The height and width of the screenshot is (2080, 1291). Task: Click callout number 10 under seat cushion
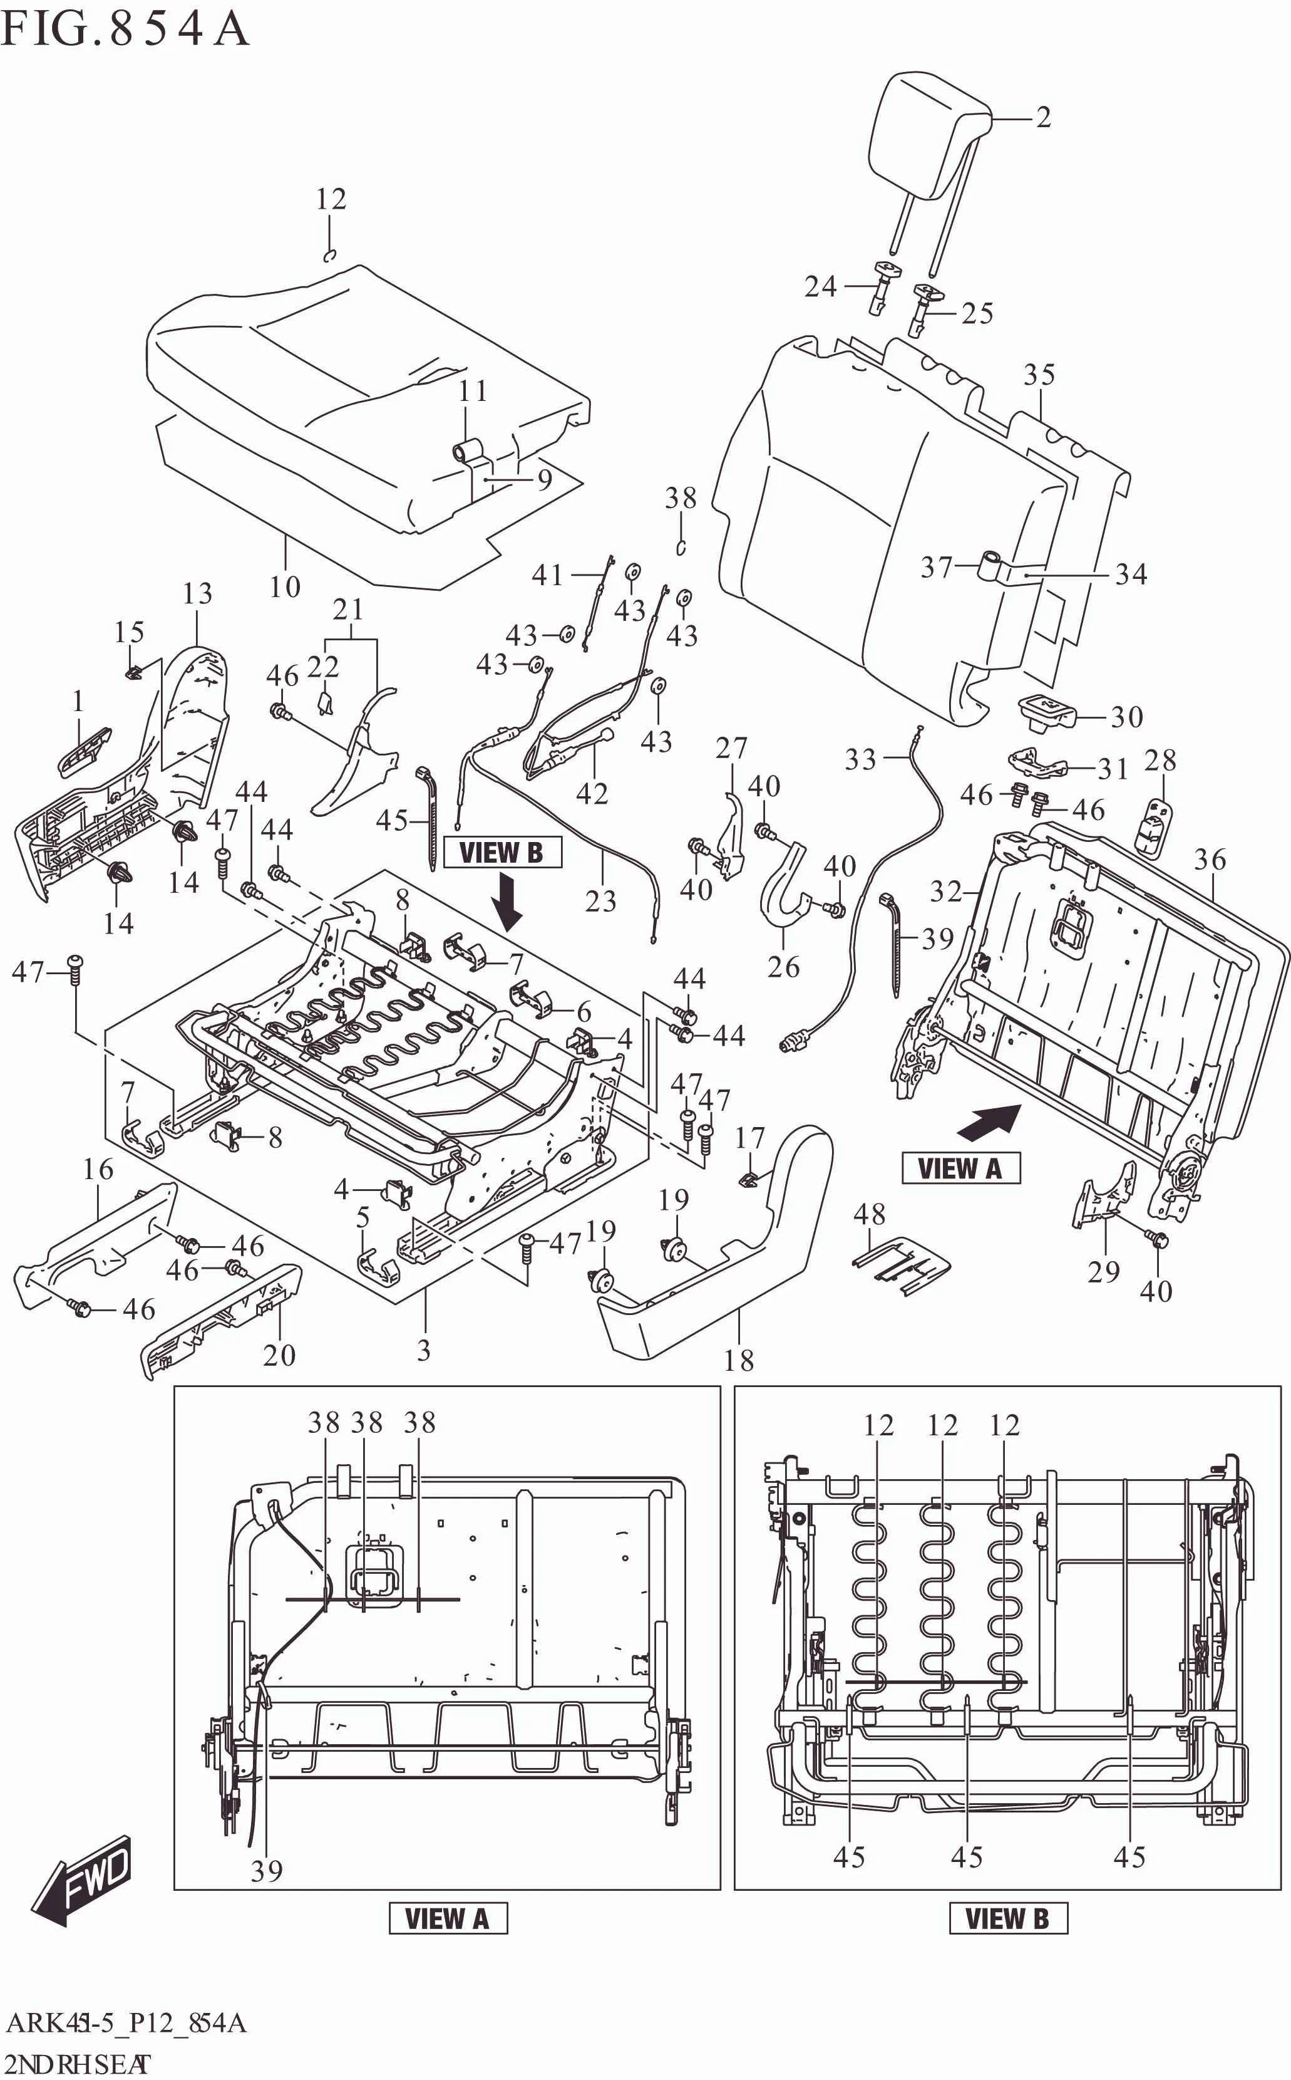coord(284,587)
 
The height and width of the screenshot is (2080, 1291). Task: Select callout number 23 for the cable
coord(600,900)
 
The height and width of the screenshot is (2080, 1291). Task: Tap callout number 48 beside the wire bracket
coord(869,1214)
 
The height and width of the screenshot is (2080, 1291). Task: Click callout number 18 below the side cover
coord(739,1360)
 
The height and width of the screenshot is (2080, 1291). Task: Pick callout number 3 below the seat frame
coord(423,1351)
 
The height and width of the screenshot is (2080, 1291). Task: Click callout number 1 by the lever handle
coord(78,701)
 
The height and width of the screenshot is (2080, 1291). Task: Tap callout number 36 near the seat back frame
coord(1210,860)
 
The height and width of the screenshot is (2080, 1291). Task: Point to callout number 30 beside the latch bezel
coord(1126,717)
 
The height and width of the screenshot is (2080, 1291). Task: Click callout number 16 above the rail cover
coord(98,1170)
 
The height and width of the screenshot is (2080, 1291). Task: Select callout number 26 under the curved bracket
coord(783,967)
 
